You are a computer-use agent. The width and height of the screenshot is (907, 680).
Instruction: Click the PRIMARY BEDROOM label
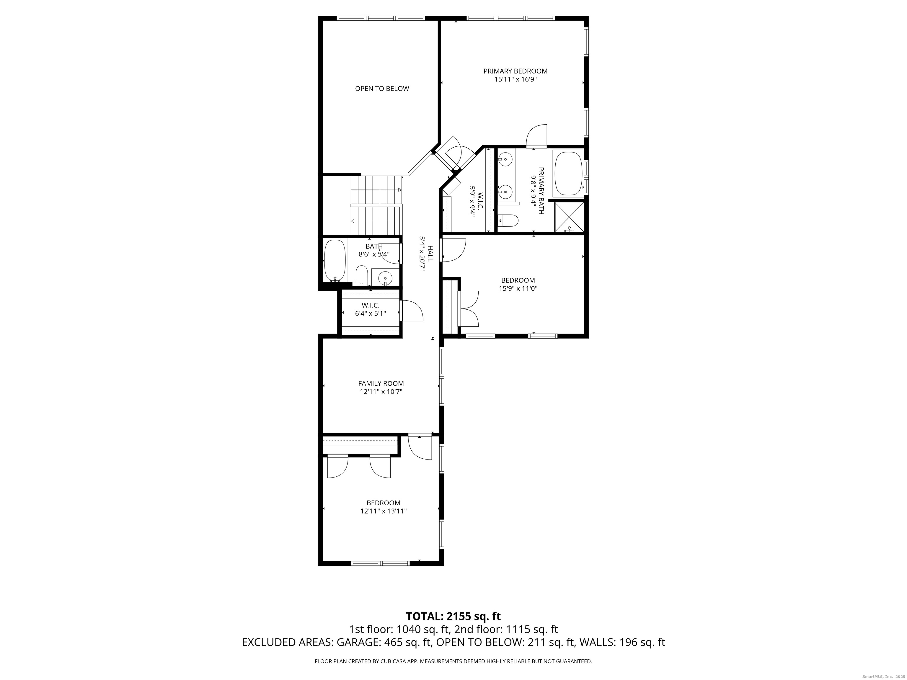(x=516, y=71)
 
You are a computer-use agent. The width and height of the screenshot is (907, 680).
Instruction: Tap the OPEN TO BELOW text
(x=382, y=89)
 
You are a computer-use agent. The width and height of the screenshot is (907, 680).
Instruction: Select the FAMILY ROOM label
(x=381, y=383)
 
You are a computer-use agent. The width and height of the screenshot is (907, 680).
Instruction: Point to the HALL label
(x=430, y=254)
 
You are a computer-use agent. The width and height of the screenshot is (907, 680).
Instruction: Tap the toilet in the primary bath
(x=508, y=220)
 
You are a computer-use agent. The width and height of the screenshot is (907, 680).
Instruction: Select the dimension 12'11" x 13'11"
(x=384, y=511)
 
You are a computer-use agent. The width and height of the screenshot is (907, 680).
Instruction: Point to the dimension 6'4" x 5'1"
(x=370, y=313)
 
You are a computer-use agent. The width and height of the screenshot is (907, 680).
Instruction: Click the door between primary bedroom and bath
(x=537, y=136)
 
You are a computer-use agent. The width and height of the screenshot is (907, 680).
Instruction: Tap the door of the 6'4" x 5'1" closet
(x=411, y=310)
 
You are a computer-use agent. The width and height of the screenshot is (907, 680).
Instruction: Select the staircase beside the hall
(x=376, y=205)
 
